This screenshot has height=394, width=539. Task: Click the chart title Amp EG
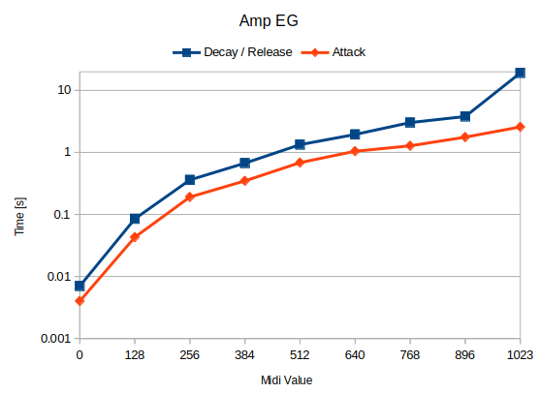(x=269, y=19)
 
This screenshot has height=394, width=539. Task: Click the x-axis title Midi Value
(x=287, y=380)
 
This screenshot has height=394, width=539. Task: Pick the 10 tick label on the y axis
(x=64, y=90)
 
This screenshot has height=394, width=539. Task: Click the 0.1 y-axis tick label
(x=59, y=215)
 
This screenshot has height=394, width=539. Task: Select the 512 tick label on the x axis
(x=300, y=355)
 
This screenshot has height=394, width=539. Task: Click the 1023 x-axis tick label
(x=521, y=355)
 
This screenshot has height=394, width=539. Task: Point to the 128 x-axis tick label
(x=135, y=355)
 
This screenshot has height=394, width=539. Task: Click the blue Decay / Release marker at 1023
(x=521, y=73)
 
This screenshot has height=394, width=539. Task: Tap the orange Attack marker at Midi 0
(x=79, y=301)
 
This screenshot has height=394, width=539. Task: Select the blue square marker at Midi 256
(x=190, y=180)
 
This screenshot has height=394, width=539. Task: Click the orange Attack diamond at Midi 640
(x=355, y=151)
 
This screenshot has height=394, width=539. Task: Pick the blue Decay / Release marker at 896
(x=465, y=116)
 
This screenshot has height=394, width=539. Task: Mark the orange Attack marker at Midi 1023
(x=521, y=127)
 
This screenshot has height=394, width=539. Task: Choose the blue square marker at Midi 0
(x=79, y=286)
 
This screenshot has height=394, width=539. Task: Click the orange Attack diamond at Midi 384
(x=245, y=181)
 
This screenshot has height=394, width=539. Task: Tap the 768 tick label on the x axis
(x=410, y=355)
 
